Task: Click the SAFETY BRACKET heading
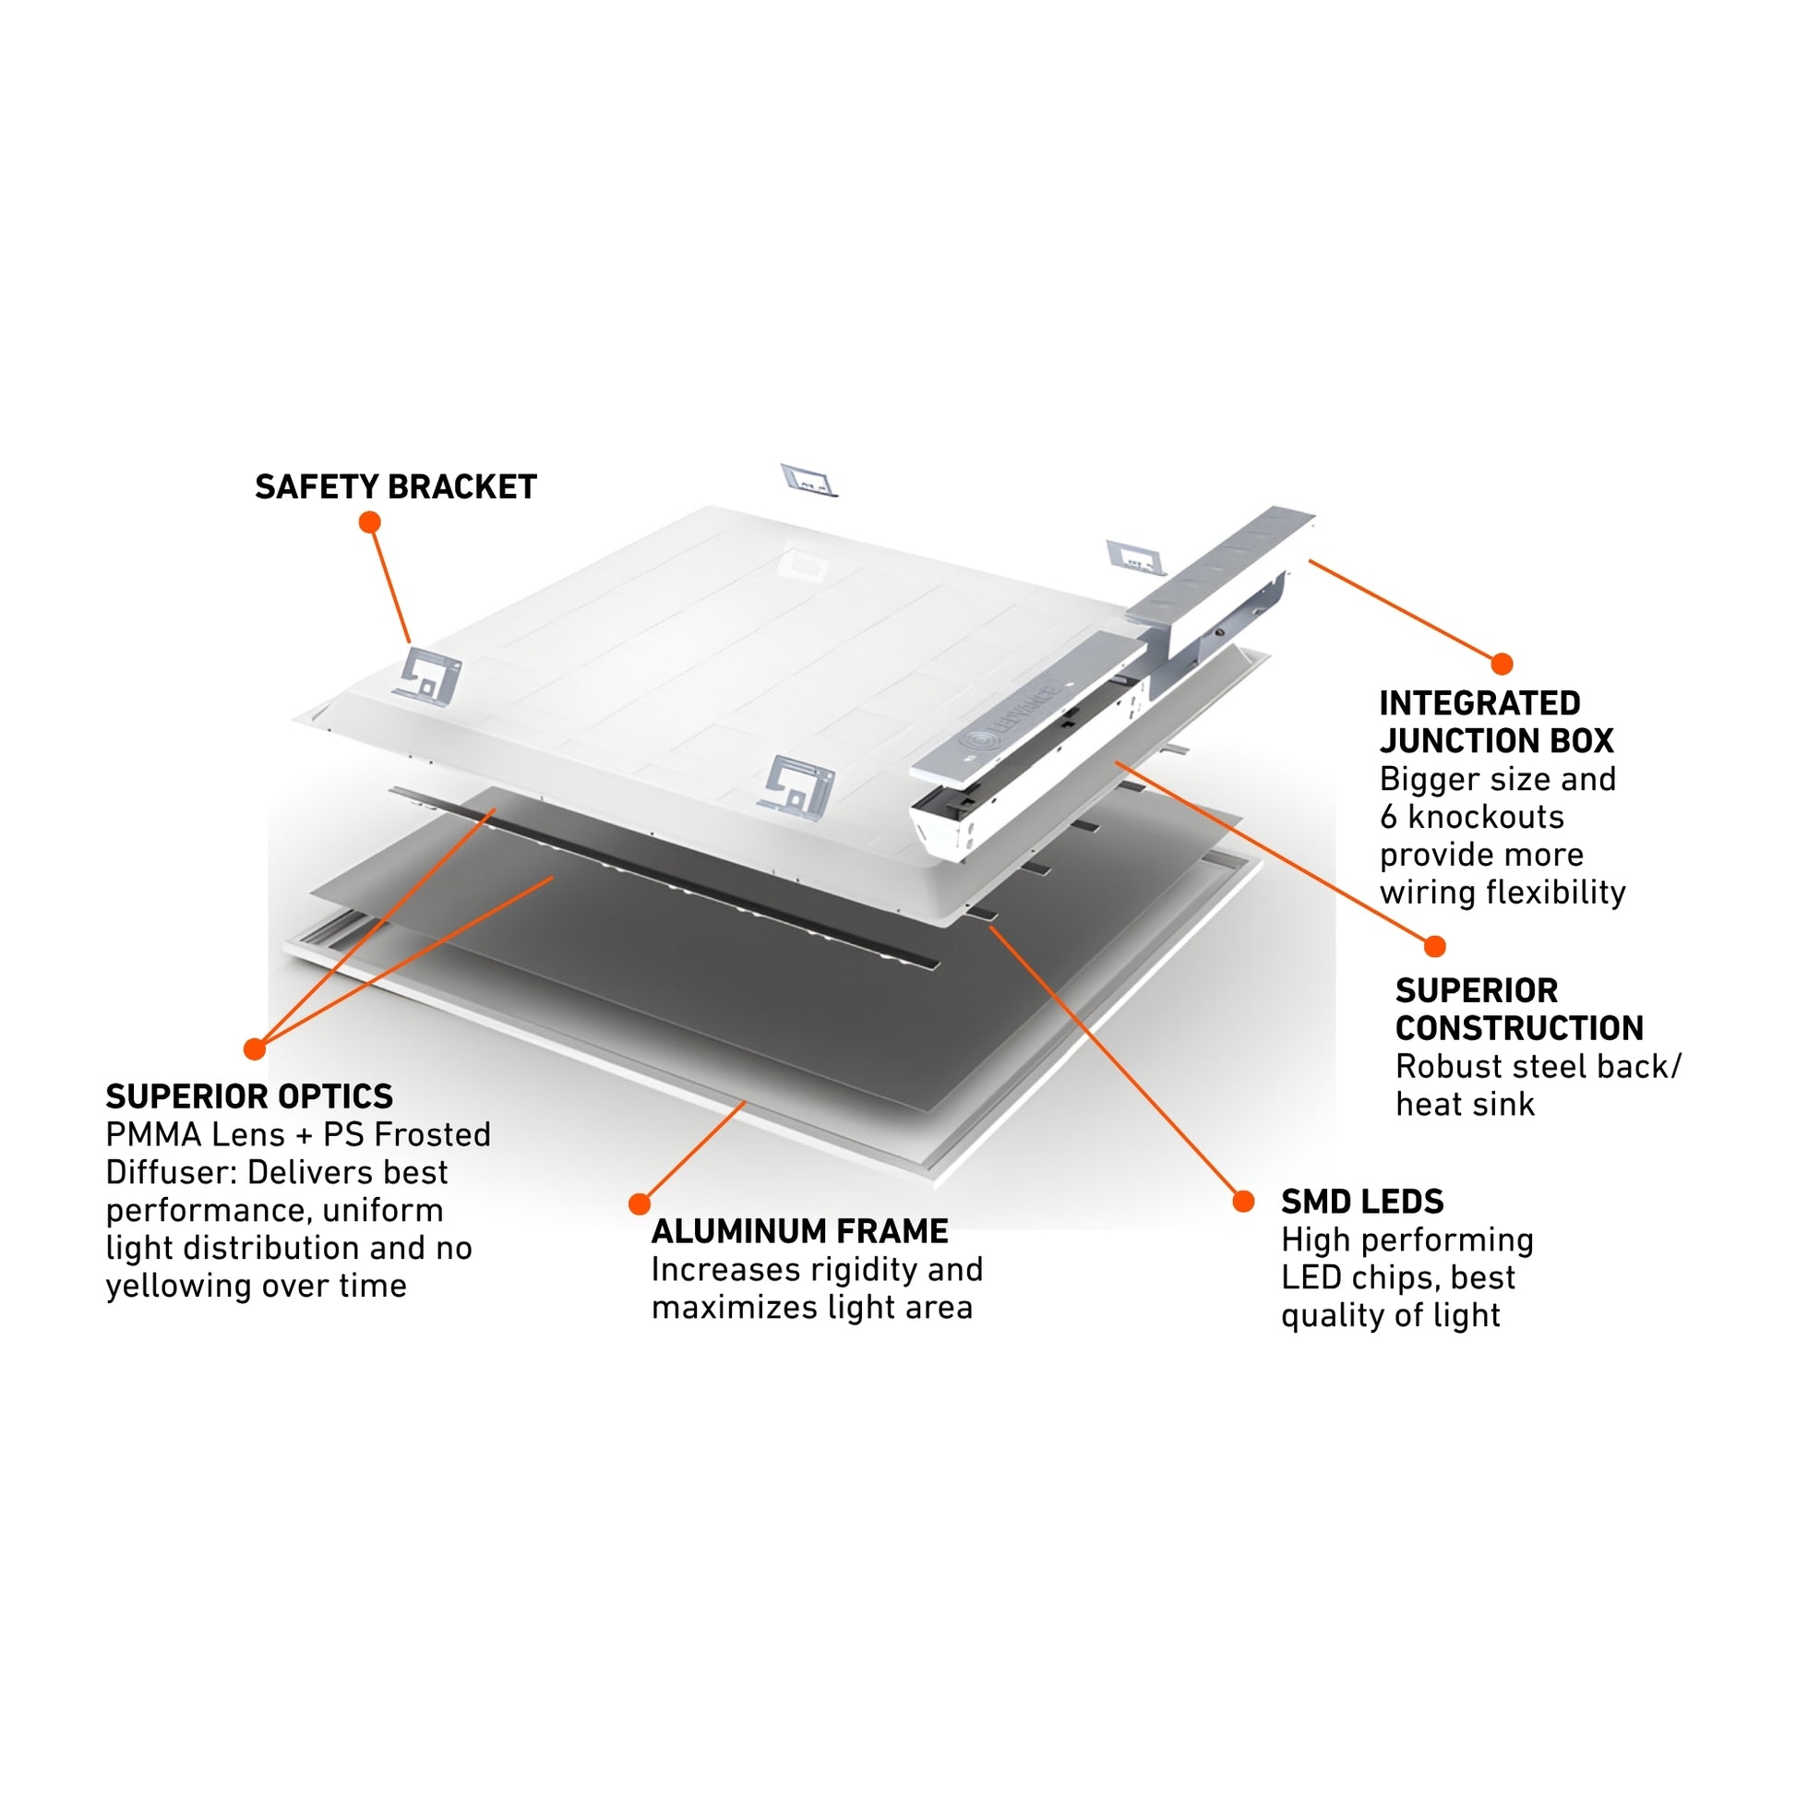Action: [x=395, y=487]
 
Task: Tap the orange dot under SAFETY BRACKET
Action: [x=369, y=522]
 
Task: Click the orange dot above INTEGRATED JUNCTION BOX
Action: [x=1502, y=664]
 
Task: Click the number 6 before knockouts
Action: [x=1388, y=817]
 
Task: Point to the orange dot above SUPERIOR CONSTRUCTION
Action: [x=1434, y=946]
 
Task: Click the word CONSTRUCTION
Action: [x=1519, y=1028]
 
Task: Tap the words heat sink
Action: [x=1464, y=1105]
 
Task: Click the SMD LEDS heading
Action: [x=1362, y=1202]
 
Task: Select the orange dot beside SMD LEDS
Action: [x=1243, y=1202]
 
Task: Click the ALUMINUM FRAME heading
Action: [x=799, y=1232]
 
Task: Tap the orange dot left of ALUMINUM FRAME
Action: [x=639, y=1204]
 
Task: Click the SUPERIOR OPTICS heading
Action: [x=249, y=1097]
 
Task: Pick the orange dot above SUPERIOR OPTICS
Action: [x=255, y=1049]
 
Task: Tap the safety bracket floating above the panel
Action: [x=808, y=480]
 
